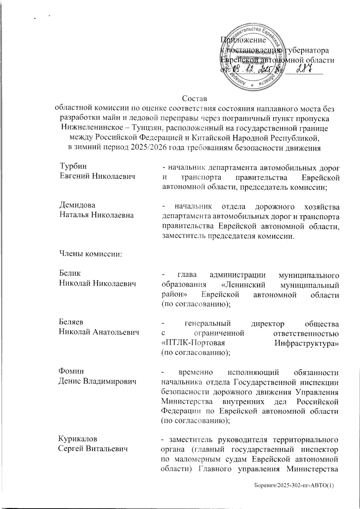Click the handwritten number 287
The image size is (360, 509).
pyautogui.click(x=304, y=69)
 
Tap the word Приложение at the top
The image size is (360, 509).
pyautogui.click(x=243, y=40)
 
